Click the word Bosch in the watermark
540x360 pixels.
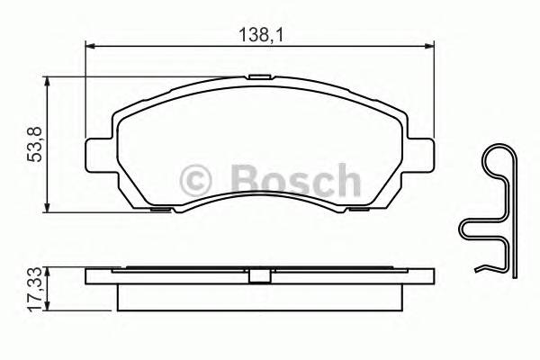pyautogui.click(x=295, y=179)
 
